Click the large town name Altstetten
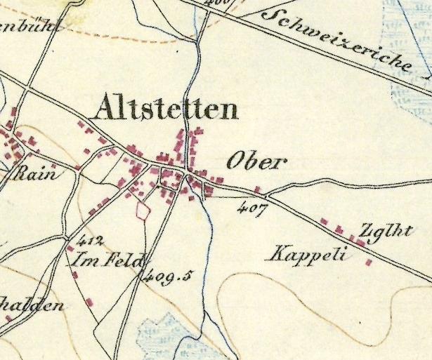(166, 109)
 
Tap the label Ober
(257, 163)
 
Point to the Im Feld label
(107, 261)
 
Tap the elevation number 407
(252, 208)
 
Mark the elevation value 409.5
(167, 276)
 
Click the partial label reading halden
(32, 305)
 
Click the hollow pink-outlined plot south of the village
(143, 210)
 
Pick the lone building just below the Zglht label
(369, 263)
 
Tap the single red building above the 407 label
(257, 189)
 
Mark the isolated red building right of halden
(90, 302)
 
